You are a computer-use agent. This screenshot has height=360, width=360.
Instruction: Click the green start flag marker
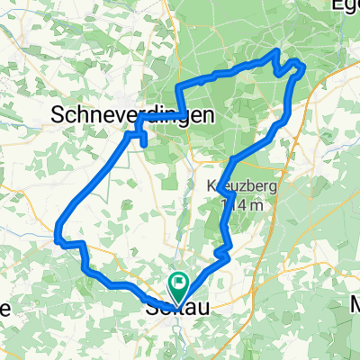177,287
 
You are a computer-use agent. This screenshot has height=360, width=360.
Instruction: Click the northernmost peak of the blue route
275,54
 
